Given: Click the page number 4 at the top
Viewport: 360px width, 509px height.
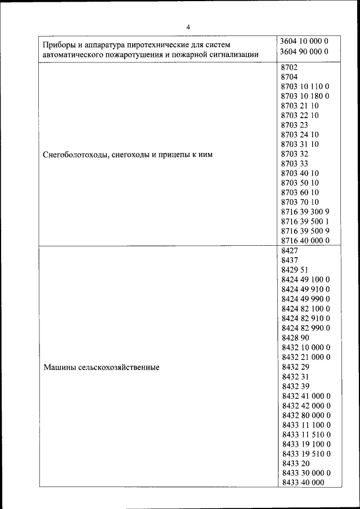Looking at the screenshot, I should tap(188, 26).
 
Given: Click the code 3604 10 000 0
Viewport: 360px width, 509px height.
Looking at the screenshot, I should tap(304, 42).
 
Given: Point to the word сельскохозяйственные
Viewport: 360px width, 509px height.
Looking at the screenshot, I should tap(119, 367).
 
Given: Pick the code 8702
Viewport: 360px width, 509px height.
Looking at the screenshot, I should tap(289, 66).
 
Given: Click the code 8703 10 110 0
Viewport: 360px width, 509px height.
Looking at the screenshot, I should tap(304, 86).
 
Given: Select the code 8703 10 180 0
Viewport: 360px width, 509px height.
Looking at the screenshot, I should tap(304, 96).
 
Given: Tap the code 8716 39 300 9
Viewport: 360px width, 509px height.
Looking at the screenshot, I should tap(304, 211).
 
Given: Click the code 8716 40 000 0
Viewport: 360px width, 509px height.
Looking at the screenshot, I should tap(304, 240).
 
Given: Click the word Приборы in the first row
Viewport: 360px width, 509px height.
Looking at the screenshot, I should tap(61, 43).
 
